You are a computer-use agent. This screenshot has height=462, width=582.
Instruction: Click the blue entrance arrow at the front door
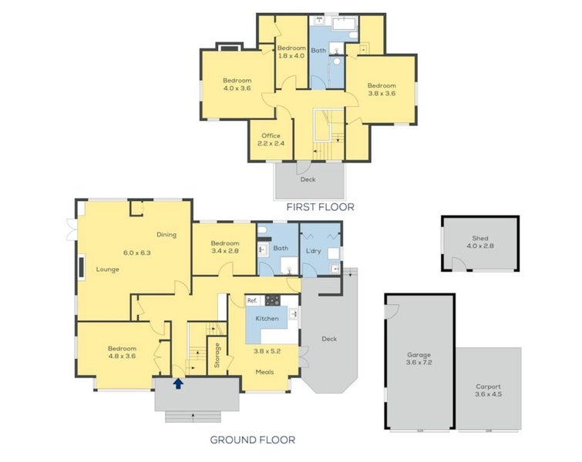click(x=179, y=383)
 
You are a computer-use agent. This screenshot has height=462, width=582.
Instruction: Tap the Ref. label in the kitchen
click(x=252, y=300)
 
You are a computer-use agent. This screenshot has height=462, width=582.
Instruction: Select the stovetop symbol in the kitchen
click(x=272, y=300)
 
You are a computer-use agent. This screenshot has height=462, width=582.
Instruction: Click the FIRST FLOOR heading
click(x=321, y=207)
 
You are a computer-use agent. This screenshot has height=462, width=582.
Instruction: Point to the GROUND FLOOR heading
click(x=253, y=440)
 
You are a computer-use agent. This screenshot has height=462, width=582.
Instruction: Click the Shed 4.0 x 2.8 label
click(x=480, y=242)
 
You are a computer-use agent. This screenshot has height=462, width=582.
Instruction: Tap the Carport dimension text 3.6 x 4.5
click(x=489, y=394)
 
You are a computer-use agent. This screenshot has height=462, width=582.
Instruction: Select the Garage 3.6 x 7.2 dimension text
click(x=419, y=362)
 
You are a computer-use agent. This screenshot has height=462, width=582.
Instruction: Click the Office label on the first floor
click(x=271, y=136)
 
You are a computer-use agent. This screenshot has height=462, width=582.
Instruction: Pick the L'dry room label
click(x=313, y=251)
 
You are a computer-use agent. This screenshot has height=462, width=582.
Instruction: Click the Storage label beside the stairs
click(x=217, y=355)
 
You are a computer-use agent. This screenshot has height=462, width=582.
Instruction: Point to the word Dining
click(x=167, y=234)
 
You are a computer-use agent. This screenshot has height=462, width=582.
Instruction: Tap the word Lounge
click(x=108, y=269)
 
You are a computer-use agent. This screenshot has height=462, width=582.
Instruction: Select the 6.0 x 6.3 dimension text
click(x=137, y=253)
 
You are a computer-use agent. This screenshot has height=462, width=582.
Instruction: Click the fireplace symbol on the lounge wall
click(x=82, y=266)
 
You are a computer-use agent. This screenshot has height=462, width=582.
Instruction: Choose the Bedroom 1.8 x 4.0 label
click(x=291, y=52)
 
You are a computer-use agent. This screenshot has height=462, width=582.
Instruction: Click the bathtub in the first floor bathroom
click(x=345, y=23)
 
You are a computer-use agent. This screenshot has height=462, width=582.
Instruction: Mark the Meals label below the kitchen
click(x=264, y=372)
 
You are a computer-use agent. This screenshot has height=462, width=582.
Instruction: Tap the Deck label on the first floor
click(x=308, y=179)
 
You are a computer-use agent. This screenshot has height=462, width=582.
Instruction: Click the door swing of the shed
click(x=459, y=263)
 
